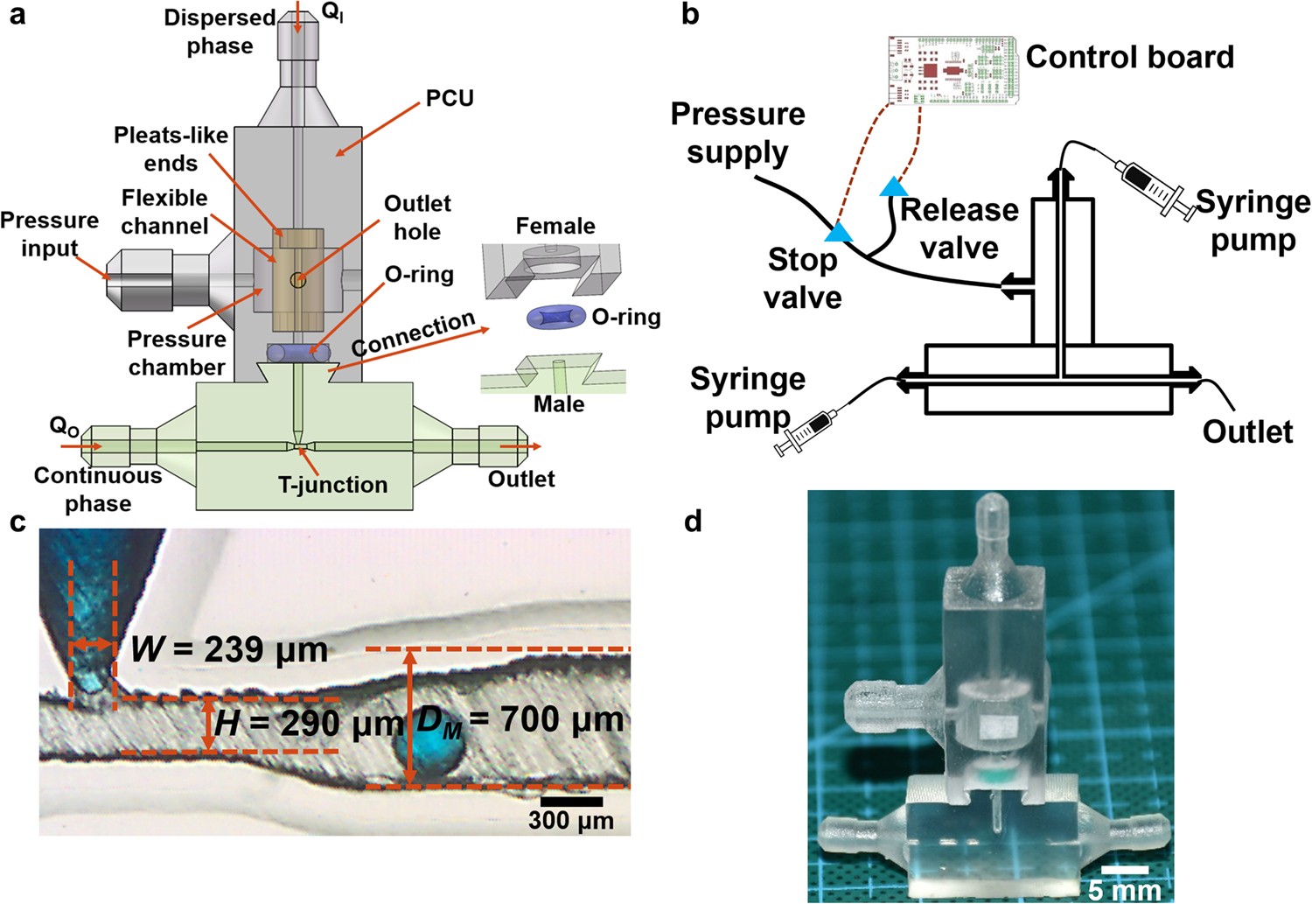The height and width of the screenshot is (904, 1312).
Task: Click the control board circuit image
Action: pyautogui.click(x=952, y=71)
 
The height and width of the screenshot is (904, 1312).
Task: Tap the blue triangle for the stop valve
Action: pyautogui.click(x=840, y=233)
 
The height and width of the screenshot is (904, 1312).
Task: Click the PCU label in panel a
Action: pyautogui.click(x=450, y=98)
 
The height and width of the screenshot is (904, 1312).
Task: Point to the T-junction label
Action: pyautogui.click(x=332, y=485)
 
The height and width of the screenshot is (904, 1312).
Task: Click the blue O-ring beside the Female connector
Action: pyautogui.click(x=556, y=317)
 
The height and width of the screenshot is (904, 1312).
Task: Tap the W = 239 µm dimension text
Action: pyautogui.click(x=229, y=649)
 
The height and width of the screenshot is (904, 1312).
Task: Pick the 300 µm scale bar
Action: pyautogui.click(x=571, y=801)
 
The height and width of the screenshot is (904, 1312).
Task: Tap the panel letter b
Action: pyautogui.click(x=690, y=15)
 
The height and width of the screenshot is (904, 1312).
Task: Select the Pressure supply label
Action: pyautogui.click(x=737, y=133)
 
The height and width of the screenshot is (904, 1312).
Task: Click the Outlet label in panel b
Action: pyautogui.click(x=1247, y=431)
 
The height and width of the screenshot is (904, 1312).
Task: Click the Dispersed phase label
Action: pyautogui.click(x=220, y=32)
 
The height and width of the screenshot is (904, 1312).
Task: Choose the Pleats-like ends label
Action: pyautogui.click(x=171, y=149)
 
